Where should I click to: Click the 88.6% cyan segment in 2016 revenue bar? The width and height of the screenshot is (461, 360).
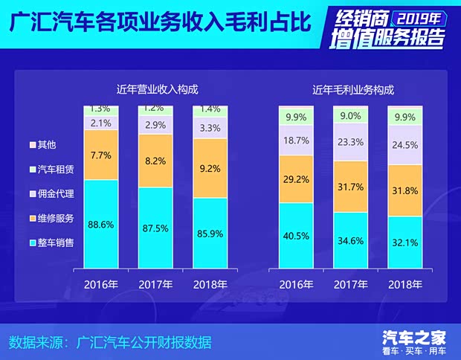coord(100,224)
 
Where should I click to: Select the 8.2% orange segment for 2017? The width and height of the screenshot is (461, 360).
coord(155,160)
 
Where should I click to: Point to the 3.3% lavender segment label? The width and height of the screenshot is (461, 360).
coord(210,128)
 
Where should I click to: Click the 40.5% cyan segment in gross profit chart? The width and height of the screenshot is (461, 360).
coord(296,235)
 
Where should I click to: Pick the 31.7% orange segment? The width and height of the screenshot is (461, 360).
coord(350,186)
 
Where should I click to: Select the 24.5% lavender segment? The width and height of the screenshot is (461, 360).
coord(404,145)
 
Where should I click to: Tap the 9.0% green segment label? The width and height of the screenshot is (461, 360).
coord(350,115)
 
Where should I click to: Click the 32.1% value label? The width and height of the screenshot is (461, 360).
coord(404,242)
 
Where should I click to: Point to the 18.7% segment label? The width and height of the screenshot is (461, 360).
coord(296,140)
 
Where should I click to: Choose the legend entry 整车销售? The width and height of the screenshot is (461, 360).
coord(51,242)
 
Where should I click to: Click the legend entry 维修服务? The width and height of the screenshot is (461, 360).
coord(51,218)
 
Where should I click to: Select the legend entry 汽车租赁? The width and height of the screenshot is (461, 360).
coord(51,170)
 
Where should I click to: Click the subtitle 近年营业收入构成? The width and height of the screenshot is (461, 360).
coord(157,89)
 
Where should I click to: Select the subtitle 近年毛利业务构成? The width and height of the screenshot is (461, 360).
coord(352,89)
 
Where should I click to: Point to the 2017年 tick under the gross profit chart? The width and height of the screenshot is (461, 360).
coord(350,284)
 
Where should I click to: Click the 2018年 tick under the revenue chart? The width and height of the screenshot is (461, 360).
coord(210,284)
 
